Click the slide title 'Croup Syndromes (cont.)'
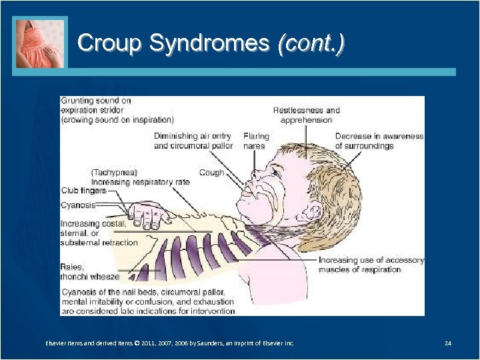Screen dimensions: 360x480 pyautogui.click(x=211, y=44)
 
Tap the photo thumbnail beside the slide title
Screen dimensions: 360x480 pyautogui.click(x=41, y=43)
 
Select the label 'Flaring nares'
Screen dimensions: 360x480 pyautogui.click(x=256, y=141)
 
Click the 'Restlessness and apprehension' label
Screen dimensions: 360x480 pyautogui.click(x=306, y=115)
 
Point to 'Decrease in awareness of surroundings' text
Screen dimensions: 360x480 pyautogui.click(x=379, y=141)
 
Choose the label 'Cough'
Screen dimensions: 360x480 pyautogui.click(x=211, y=173)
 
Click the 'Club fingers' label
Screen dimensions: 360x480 pyautogui.click(x=83, y=191)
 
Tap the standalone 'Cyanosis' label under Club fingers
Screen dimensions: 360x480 pyautogui.click(x=78, y=205)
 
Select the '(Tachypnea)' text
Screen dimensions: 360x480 pyautogui.click(x=114, y=173)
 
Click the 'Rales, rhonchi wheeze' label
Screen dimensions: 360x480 pyautogui.click(x=90, y=271)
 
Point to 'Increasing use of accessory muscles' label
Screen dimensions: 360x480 pyautogui.click(x=371, y=265)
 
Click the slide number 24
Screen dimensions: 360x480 pyautogui.click(x=448, y=343)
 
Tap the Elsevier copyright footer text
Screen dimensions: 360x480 pyautogui.click(x=169, y=343)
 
